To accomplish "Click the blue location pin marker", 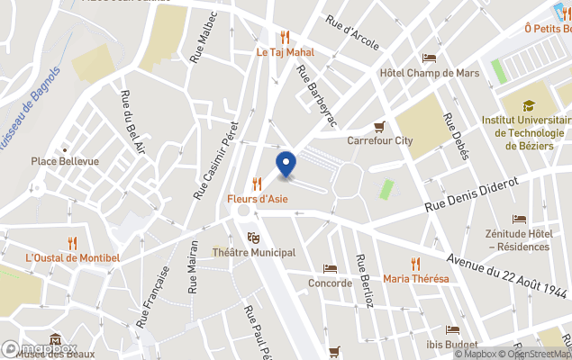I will point(286,165).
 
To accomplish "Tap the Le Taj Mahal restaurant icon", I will point(286,37).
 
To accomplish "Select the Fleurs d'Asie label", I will point(257,199).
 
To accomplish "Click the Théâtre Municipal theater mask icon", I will point(254,238).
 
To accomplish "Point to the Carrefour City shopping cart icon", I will point(380,126).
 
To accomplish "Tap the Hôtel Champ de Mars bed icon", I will point(430,58).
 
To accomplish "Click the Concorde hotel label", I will point(329,283).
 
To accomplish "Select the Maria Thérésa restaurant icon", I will point(415,263).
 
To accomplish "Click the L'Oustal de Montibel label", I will point(72,257).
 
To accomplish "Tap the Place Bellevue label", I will point(65,161).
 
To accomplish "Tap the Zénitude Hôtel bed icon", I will point(519,219).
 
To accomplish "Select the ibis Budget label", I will point(452,343).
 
